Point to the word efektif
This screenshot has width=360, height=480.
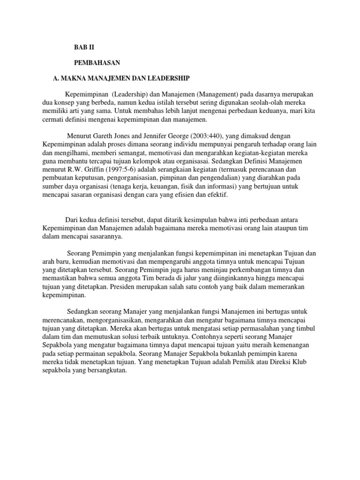[x=217, y=195]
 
